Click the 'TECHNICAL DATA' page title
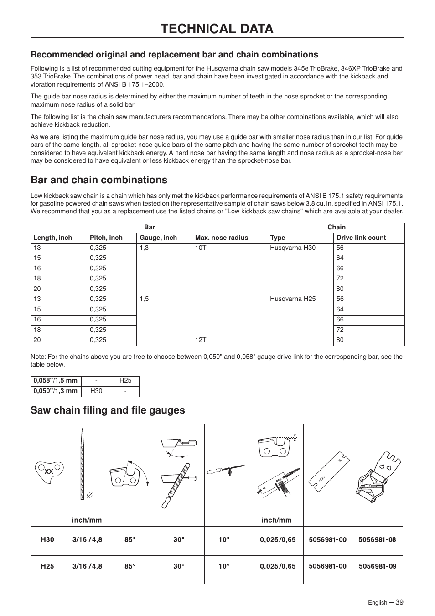tap(217, 29)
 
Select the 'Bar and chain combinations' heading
tap(99, 180)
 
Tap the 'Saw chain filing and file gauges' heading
tap(108, 410)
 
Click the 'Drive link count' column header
tap(361, 238)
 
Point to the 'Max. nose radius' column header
tap(222, 238)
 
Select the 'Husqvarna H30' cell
tap(292, 248)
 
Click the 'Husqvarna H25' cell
tap(292, 299)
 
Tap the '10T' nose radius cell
tap(201, 248)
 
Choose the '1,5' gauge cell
tap(144, 299)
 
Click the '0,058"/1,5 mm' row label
tap(55, 381)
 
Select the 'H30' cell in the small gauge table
tap(96, 391)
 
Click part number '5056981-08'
tap(377, 540)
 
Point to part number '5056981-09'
tap(377, 566)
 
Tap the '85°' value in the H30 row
tap(130, 540)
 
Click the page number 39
tap(399, 602)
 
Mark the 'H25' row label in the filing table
tap(47, 566)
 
